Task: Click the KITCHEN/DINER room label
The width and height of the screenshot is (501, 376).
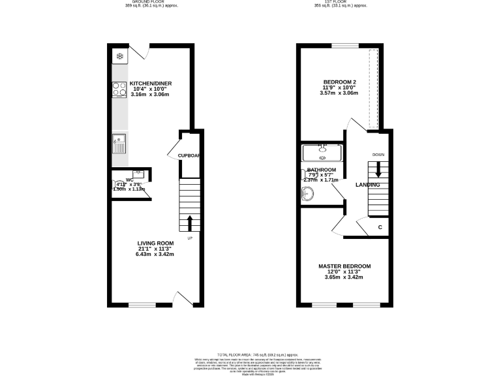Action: pyautogui.click(x=150, y=84)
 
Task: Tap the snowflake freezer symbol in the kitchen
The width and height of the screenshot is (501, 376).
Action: pyautogui.click(x=119, y=57)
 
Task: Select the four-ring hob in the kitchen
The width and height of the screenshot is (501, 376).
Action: pyautogui.click(x=119, y=89)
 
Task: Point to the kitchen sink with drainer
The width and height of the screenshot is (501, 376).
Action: pyautogui.click(x=119, y=142)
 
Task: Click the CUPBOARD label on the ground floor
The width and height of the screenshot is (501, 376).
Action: pyautogui.click(x=189, y=155)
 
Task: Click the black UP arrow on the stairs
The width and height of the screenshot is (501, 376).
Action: pyautogui.click(x=190, y=223)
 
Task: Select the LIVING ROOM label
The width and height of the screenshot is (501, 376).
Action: pyautogui.click(x=155, y=243)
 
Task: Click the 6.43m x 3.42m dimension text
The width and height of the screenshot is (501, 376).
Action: pyautogui.click(x=155, y=254)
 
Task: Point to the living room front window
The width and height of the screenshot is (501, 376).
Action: pyautogui.click(x=142, y=304)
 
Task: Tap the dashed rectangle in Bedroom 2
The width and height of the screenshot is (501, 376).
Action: pyautogui.click(x=374, y=89)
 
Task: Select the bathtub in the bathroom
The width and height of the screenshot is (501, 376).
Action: pyautogui.click(x=322, y=153)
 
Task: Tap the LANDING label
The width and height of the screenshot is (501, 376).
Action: pyautogui.click(x=367, y=185)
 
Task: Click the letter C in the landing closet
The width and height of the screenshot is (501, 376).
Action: pyautogui.click(x=380, y=227)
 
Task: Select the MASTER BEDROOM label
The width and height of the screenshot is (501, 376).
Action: pyautogui.click(x=344, y=266)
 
